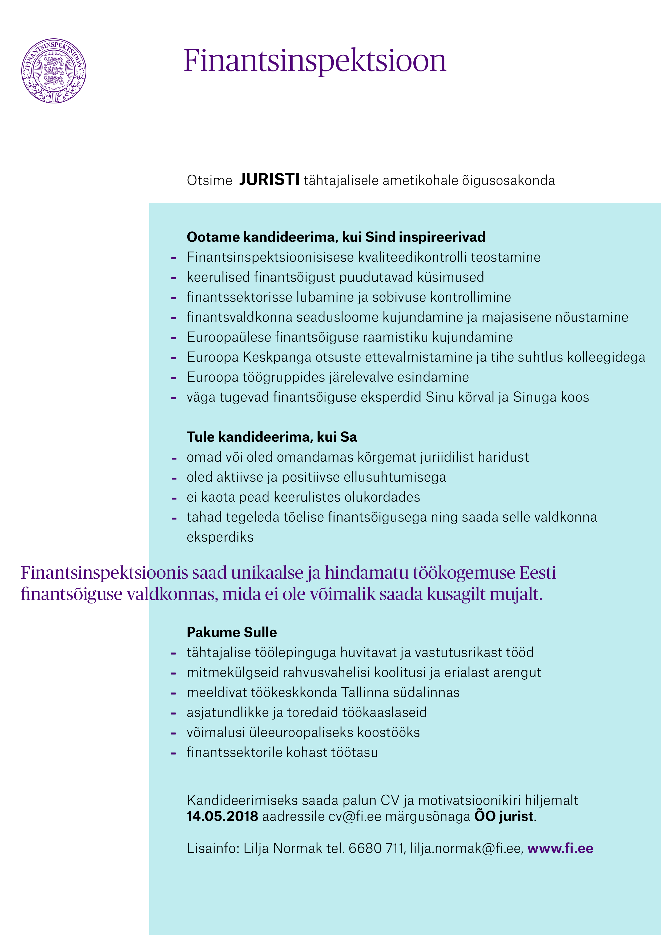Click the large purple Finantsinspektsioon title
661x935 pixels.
click(x=315, y=61)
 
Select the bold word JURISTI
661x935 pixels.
click(x=269, y=180)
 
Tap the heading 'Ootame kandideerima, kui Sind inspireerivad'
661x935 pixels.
click(x=336, y=237)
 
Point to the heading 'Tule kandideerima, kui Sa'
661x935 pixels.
click(x=272, y=437)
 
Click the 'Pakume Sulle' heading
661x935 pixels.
click(x=231, y=632)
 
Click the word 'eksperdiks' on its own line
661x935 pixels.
click(x=220, y=537)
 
